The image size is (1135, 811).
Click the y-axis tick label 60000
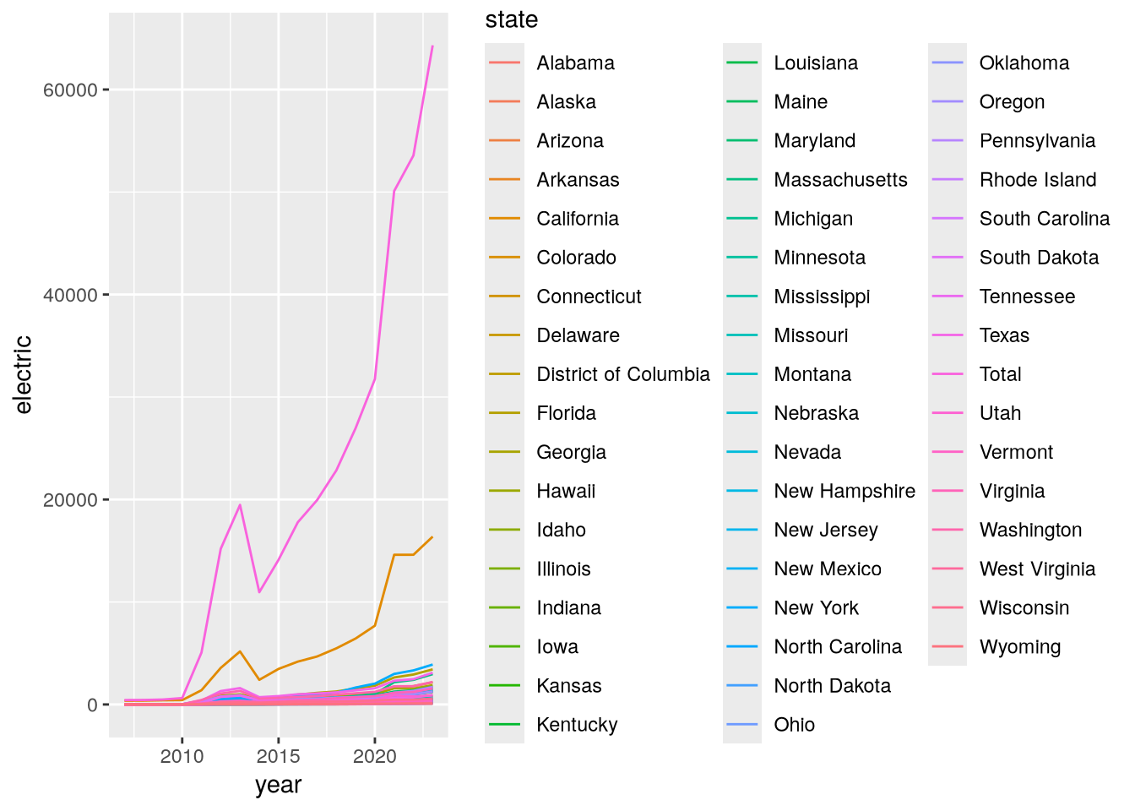(x=70, y=90)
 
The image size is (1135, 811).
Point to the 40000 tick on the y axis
(x=70, y=296)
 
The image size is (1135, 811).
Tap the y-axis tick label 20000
(x=70, y=500)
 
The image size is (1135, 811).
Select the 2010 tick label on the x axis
(x=182, y=756)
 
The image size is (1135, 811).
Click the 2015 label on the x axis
(x=278, y=756)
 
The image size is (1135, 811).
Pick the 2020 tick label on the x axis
(x=374, y=756)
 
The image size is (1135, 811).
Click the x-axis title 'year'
(x=278, y=785)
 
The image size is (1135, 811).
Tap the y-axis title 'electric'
(x=23, y=374)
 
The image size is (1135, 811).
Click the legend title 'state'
(x=511, y=19)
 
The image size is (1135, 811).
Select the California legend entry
(x=578, y=219)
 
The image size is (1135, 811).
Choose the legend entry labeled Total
(x=1000, y=374)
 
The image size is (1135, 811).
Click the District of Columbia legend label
(x=623, y=374)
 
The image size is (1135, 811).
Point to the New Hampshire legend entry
(x=844, y=491)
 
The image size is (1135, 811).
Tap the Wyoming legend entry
(x=1020, y=647)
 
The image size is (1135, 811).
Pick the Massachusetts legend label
(x=840, y=180)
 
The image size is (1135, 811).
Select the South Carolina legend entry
(x=1045, y=219)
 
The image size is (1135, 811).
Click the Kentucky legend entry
(x=577, y=725)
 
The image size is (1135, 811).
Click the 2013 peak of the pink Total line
(x=240, y=504)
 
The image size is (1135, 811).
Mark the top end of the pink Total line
(x=432, y=46)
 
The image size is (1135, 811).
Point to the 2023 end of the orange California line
(x=432, y=536)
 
